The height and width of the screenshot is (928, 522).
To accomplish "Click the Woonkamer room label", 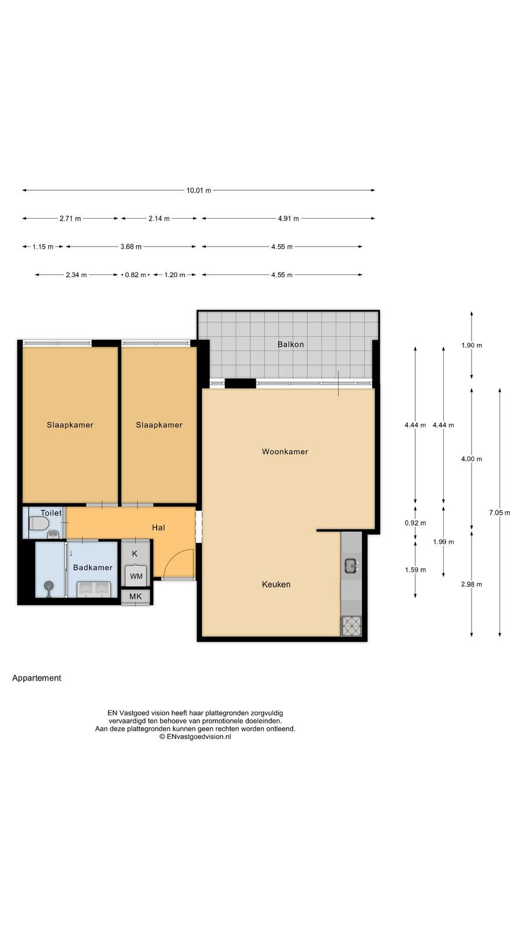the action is (285, 452).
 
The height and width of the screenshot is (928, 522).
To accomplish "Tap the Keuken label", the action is (276, 584).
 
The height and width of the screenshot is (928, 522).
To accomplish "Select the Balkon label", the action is (291, 345).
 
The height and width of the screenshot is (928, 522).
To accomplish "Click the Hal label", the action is (158, 527).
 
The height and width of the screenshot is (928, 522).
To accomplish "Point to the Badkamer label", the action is (93, 568).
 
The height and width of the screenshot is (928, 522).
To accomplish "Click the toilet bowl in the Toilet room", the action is (37, 524).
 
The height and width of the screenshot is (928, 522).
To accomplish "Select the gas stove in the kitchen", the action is (351, 626).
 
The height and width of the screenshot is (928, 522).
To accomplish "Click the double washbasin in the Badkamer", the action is (94, 589).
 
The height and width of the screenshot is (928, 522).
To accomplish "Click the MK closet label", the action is (136, 597).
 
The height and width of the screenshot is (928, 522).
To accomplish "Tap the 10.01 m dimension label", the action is (199, 191).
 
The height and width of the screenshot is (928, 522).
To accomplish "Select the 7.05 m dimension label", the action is (499, 513).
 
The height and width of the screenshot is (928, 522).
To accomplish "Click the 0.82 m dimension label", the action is (136, 275).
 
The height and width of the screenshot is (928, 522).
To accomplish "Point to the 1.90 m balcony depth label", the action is (472, 345).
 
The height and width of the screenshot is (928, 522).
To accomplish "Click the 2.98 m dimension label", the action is (472, 584).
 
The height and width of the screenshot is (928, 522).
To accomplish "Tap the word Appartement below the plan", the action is (37, 678).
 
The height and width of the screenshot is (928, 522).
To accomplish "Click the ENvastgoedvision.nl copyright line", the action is (195, 737).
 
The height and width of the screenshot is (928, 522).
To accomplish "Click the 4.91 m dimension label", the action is (288, 218).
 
